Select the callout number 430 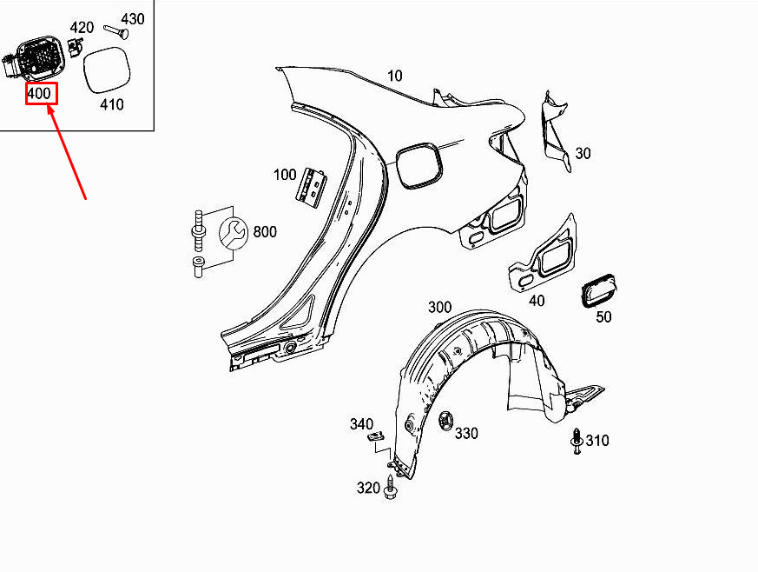[x=132, y=18]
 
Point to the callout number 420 [x=81, y=27]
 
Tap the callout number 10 [x=395, y=76]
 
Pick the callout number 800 [x=265, y=232]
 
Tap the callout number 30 [x=583, y=153]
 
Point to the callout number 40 [x=537, y=301]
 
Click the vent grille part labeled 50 [x=599, y=290]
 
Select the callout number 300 [x=439, y=307]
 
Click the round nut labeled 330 [x=445, y=421]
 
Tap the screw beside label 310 [x=577, y=442]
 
